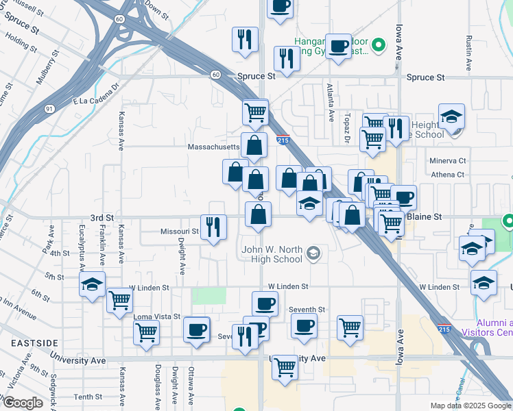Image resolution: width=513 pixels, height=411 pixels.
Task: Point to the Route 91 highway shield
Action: pos(49,108)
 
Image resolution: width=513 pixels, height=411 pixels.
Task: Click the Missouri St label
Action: pos(180,232)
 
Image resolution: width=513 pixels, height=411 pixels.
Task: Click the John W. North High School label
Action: pos(272,254)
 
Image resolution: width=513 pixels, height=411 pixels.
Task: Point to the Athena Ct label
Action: pos(448,175)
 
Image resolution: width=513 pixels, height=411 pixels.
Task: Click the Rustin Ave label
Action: pos(469,53)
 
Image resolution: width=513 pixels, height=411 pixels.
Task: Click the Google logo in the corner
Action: pos(23,403)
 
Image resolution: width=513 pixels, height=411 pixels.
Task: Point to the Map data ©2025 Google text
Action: pos(470,406)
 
